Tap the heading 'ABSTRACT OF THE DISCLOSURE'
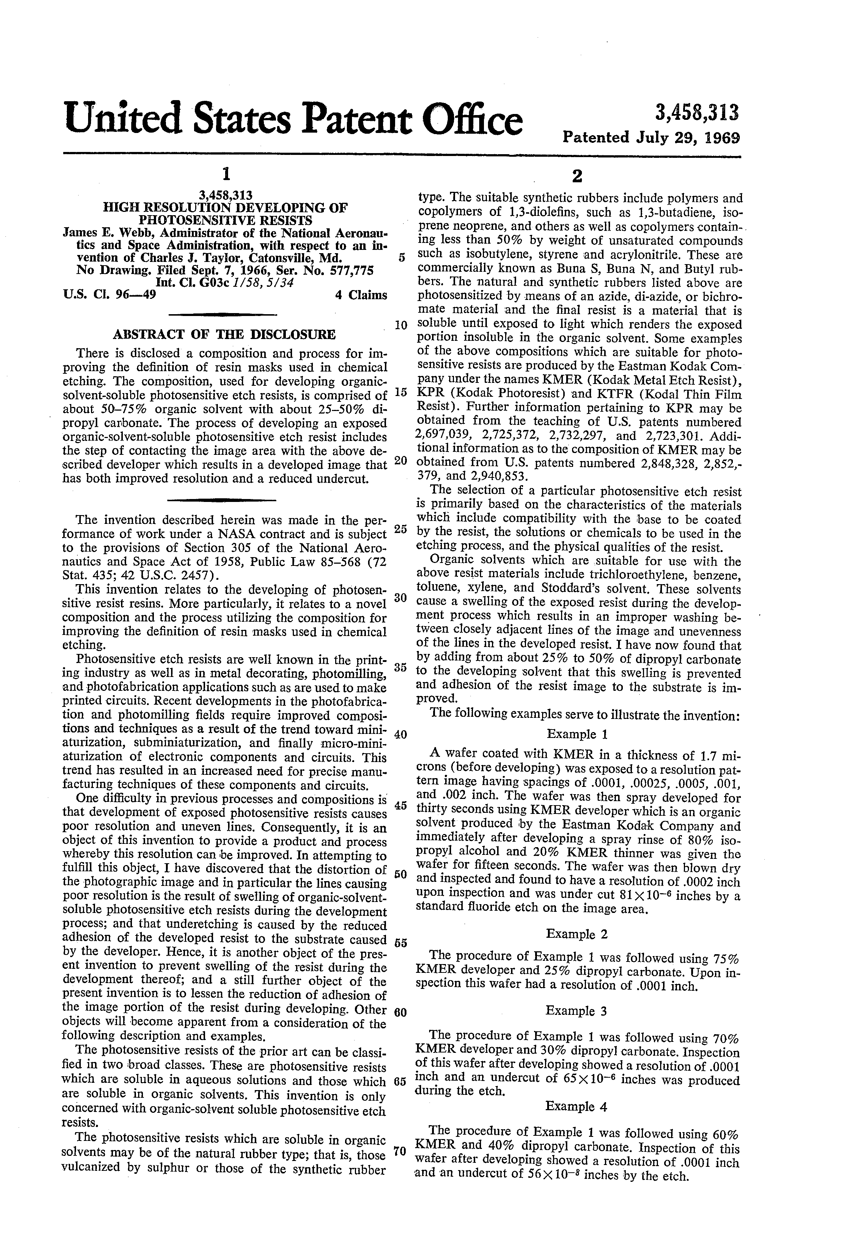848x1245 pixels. coord(224,335)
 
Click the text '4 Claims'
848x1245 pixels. coord(360,295)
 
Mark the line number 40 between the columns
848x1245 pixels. coord(400,734)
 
